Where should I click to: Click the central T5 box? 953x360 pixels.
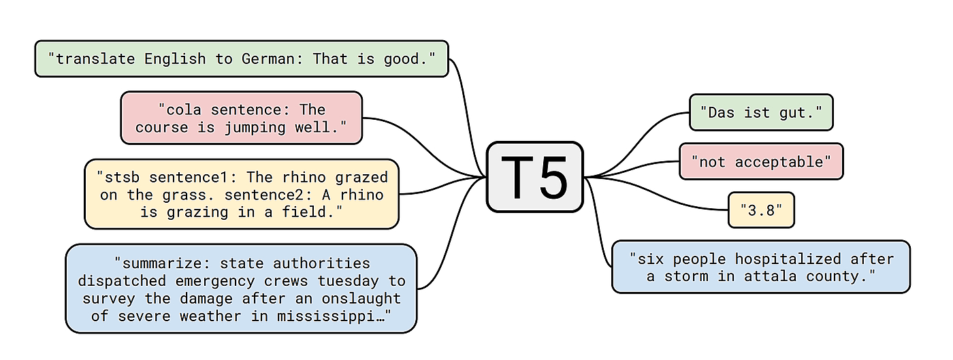535,177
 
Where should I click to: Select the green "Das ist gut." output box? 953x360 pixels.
761,112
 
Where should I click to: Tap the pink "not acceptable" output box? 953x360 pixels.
761,162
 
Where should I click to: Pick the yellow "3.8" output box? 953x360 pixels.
761,210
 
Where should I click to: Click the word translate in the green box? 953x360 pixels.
95,59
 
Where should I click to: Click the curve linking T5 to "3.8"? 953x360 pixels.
653,203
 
